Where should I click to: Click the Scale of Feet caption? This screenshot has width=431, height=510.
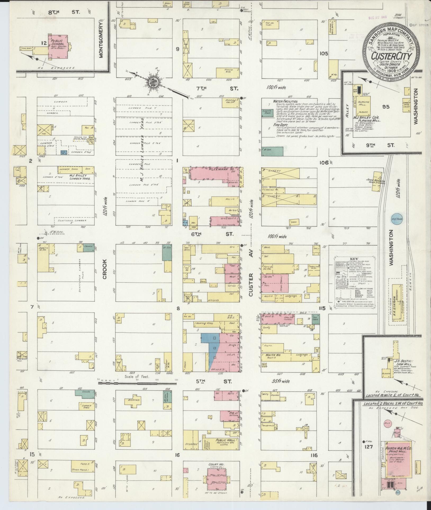pos(135,377)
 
